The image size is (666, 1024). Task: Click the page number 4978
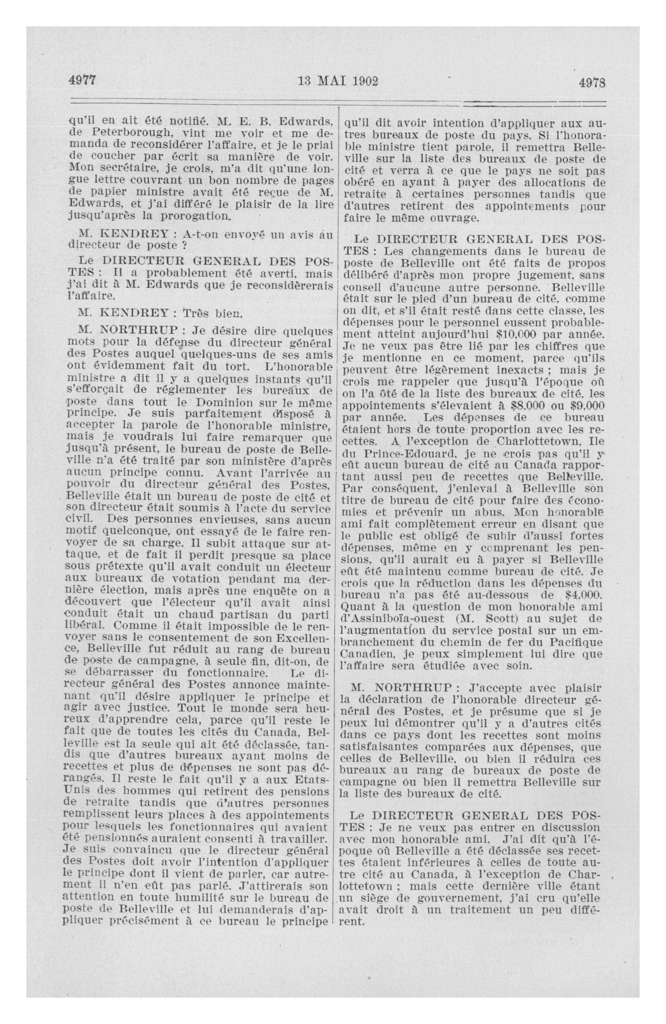point(592,82)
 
